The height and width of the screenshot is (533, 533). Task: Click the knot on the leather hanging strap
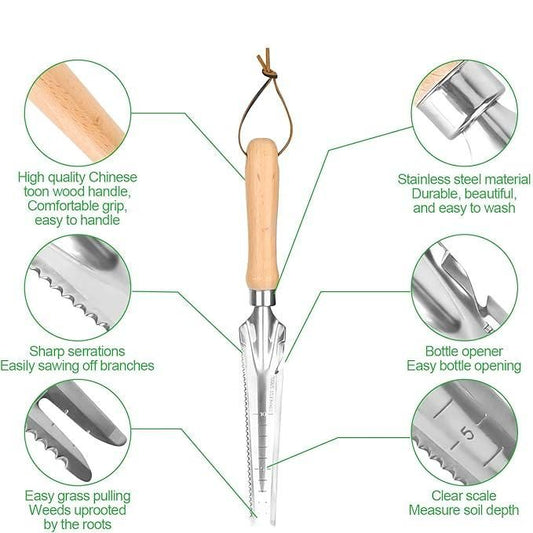(x=270, y=72)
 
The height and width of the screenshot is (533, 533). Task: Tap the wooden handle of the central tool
(x=262, y=214)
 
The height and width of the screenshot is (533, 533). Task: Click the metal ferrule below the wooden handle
(x=263, y=297)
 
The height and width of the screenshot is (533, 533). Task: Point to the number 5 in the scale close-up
(x=468, y=433)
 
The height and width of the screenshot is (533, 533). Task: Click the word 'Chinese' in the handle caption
(x=113, y=177)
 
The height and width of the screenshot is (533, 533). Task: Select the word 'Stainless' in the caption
(x=419, y=179)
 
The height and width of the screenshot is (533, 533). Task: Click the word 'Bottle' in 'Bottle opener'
(x=442, y=351)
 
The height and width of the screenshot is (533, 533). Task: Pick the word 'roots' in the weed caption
(x=97, y=525)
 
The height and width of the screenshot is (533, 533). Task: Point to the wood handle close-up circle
(x=78, y=113)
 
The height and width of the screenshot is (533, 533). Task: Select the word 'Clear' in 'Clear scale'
(x=445, y=496)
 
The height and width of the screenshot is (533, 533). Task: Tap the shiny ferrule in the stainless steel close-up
(x=459, y=102)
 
